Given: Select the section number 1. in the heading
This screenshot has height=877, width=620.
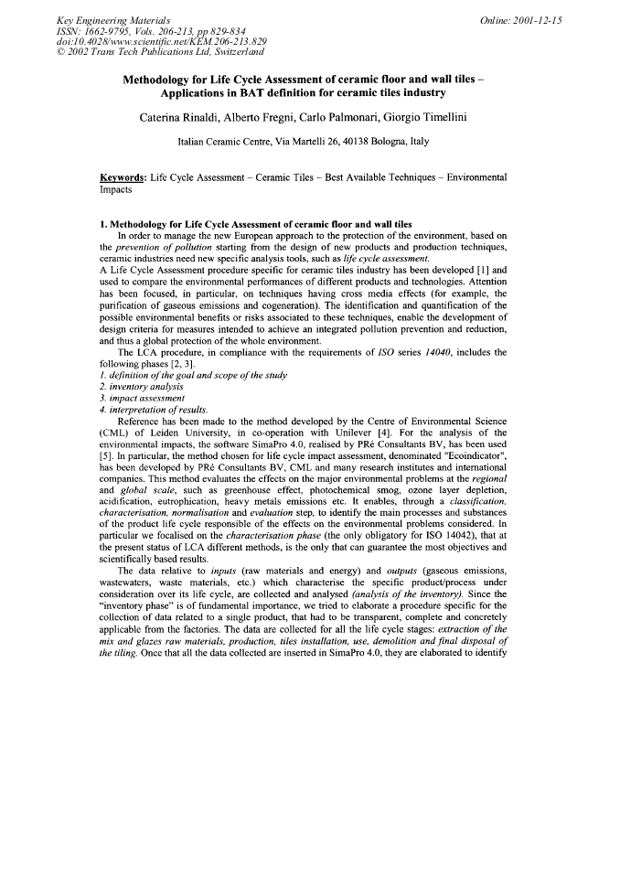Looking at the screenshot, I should (x=103, y=224).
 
